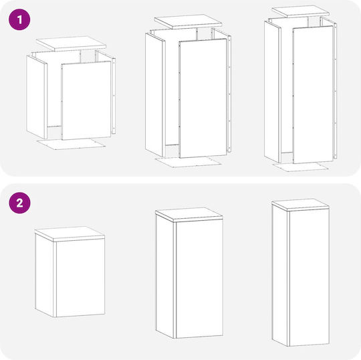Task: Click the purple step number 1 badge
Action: [19, 19]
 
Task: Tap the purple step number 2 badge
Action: [19, 203]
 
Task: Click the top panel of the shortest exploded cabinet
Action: [71, 43]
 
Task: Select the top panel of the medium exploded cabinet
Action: [188, 21]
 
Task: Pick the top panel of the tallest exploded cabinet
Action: [300, 11]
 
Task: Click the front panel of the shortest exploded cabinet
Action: [86, 100]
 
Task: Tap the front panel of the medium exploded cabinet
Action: [203, 98]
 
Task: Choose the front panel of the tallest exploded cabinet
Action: [313, 94]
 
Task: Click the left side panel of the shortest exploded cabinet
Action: [37, 97]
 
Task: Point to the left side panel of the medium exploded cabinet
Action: [155, 95]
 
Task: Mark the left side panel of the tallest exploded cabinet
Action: [273, 92]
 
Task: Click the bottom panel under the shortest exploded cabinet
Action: [72, 144]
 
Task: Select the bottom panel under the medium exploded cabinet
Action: [188, 162]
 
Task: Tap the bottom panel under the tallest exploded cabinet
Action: [300, 167]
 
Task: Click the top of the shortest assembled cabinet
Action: [70, 234]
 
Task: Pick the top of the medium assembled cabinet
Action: [189, 215]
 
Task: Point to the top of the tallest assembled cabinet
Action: [300, 205]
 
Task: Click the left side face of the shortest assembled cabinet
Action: [45, 276]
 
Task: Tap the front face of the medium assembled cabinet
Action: [199, 279]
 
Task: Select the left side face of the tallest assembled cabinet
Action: [279, 276]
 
